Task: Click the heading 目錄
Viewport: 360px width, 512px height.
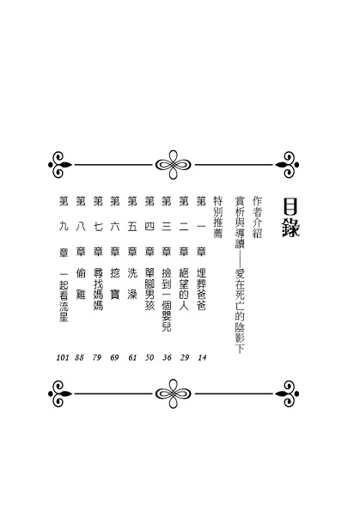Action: pos(290,218)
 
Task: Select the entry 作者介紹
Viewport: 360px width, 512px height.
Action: pos(258,217)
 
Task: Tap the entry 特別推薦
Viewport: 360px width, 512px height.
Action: pos(217,217)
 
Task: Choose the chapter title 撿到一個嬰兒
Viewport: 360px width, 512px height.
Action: pos(167,300)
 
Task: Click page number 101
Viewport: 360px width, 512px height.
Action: pos(63,357)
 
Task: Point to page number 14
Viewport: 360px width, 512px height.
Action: pos(202,357)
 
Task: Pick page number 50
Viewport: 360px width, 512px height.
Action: pos(149,357)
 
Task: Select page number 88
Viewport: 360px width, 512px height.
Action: pos(79,357)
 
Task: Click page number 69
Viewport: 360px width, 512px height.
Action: pos(114,357)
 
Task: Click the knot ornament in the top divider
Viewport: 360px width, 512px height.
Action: pos(174,165)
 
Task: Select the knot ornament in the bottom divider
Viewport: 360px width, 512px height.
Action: pos(174,393)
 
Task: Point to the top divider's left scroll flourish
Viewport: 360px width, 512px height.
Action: pos(60,165)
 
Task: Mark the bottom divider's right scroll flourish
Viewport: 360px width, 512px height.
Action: pos(287,393)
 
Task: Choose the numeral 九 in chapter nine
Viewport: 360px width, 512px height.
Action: pos(64,226)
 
